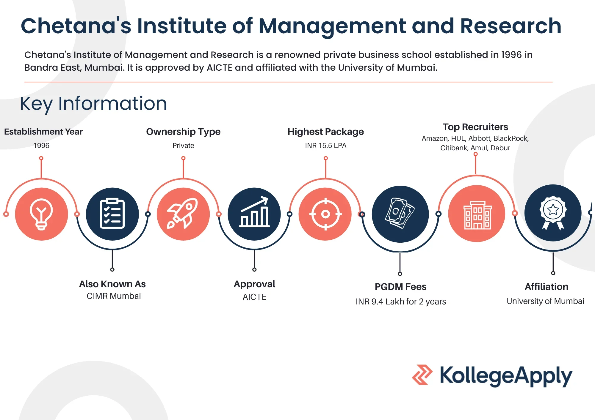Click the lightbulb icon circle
click(41, 214)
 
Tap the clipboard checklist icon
click(112, 213)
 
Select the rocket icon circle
click(183, 214)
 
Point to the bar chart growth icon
click(254, 212)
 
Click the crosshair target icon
click(325, 214)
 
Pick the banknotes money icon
click(400, 213)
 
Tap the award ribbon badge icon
click(553, 213)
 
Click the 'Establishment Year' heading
click(43, 132)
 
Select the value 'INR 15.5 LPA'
click(326, 146)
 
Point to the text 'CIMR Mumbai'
click(114, 296)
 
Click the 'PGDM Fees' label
click(400, 287)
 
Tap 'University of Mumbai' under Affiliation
click(545, 301)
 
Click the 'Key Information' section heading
click(93, 104)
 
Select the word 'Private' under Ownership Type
click(183, 146)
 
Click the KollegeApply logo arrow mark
click(422, 375)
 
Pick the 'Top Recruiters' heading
click(475, 127)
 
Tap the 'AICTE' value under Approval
click(254, 297)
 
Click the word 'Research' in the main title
click(511, 26)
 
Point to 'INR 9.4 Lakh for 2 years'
click(401, 301)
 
